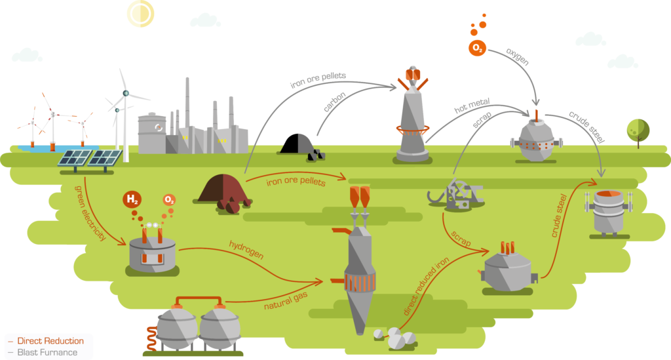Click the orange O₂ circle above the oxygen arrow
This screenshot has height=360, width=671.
(477, 48)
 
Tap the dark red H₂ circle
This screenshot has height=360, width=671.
(132, 199)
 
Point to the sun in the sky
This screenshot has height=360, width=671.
(140, 13)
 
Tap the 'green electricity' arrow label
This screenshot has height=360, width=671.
(90, 212)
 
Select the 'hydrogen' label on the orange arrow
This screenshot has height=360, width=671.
(246, 250)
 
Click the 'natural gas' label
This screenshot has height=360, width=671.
(286, 301)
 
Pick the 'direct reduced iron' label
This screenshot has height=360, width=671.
(426, 286)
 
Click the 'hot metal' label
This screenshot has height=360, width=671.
(472, 106)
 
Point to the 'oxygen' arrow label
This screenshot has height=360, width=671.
(518, 56)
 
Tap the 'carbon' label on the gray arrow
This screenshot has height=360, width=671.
(334, 102)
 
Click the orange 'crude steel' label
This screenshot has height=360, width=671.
(560, 216)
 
